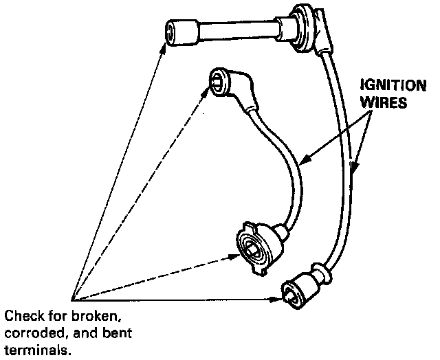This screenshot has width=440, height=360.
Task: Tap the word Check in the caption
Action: tap(21, 317)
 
